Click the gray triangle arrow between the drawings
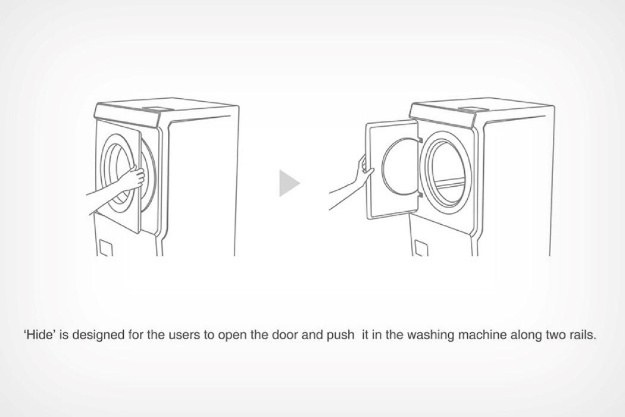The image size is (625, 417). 288,183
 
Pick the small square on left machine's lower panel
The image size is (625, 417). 105,248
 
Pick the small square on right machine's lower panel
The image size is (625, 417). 420,248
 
